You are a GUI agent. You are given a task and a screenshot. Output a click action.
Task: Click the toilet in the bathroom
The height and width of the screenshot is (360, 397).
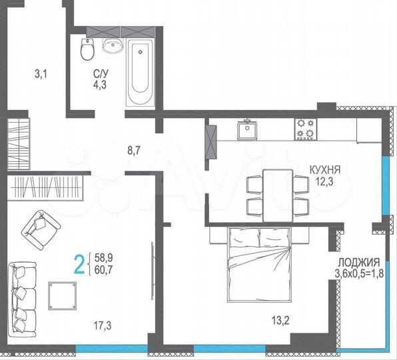point(86,48)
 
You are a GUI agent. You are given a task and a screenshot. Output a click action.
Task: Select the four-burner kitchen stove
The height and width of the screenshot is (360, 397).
point(306,129)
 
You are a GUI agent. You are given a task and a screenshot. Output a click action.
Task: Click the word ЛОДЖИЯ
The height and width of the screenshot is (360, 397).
point(358,262)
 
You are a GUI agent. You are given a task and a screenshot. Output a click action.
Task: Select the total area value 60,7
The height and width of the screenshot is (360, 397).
point(103,269)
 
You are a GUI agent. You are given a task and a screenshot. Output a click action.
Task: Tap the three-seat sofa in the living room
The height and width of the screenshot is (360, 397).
point(23,293)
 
